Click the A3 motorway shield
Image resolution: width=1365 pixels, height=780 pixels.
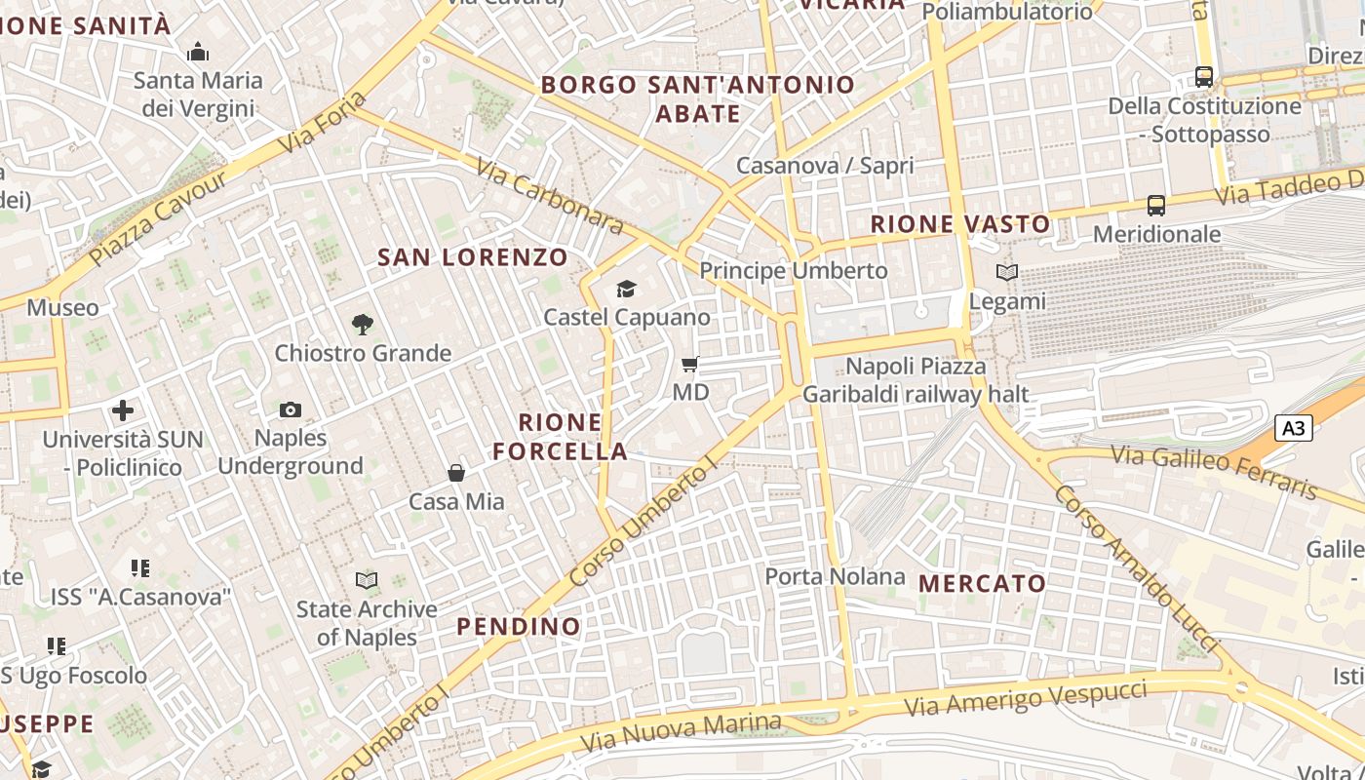click(1293, 428)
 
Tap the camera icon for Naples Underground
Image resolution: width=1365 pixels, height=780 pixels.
click(291, 409)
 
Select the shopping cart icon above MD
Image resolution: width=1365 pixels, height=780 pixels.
click(690, 365)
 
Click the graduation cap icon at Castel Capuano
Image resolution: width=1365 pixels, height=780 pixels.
click(626, 289)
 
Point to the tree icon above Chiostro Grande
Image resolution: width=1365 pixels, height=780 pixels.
click(363, 324)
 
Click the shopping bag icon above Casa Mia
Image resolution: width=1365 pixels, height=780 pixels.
click(456, 473)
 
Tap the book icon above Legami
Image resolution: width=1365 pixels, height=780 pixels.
click(1007, 273)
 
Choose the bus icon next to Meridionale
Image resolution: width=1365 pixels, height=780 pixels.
click(1156, 206)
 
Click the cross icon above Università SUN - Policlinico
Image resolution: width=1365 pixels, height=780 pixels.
click(123, 410)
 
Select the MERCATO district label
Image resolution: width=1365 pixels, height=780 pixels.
click(983, 584)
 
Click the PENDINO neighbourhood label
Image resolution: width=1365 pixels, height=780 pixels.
click(519, 626)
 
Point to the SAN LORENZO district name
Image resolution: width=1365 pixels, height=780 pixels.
click(473, 257)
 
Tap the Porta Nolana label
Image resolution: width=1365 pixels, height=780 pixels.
click(835, 576)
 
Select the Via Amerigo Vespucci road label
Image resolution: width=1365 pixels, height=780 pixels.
click(1026, 699)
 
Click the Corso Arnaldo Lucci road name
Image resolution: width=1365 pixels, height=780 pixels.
click(1135, 568)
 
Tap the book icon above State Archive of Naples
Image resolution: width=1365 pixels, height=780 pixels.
click(367, 581)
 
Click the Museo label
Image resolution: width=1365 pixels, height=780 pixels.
click(62, 308)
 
